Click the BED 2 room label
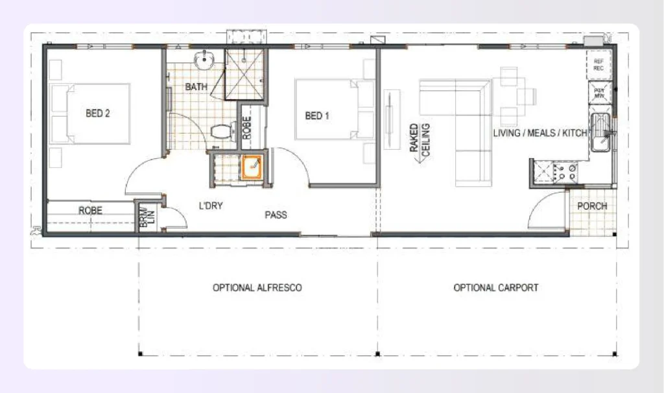pos(98,113)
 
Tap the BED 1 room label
pos(317,116)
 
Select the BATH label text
pos(196,86)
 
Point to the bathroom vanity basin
pos(207,60)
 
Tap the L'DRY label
pos(211,206)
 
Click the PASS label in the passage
pos(276,215)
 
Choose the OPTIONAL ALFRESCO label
pos(257,287)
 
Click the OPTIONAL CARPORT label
pos(495,287)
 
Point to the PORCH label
pos(592,206)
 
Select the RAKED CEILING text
pos(419,139)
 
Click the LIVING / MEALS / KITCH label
pos(539,133)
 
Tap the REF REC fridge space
pos(599,64)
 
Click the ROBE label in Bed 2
pos(90,211)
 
